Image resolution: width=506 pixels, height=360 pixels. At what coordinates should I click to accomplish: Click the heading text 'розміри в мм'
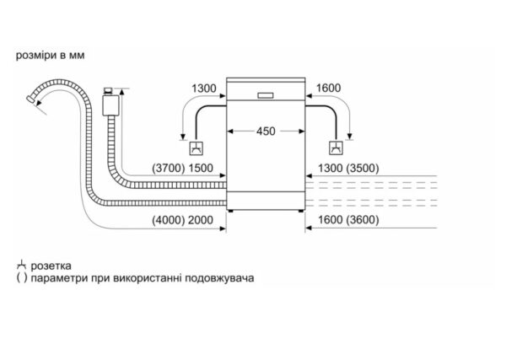pyautogui.click(x=50, y=56)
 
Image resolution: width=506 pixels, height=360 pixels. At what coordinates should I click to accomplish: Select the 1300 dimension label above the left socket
pyautogui.click(x=204, y=89)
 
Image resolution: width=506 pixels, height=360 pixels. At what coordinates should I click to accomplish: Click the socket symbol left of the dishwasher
pyautogui.click(x=195, y=149)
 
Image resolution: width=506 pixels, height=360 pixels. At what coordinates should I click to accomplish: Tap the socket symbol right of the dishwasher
pyautogui.click(x=337, y=149)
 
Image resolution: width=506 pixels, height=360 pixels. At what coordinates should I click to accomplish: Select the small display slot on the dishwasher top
pyautogui.click(x=266, y=93)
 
